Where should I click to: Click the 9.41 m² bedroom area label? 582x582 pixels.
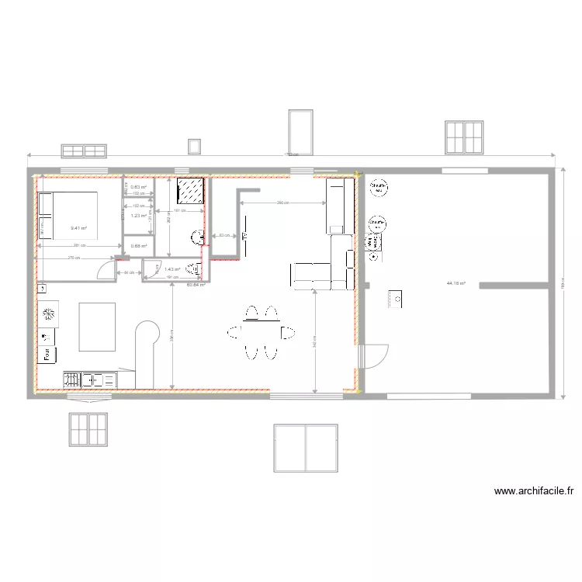click(78, 228)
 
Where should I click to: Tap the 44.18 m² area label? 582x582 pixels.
click(456, 283)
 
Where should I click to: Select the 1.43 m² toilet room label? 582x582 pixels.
click(172, 270)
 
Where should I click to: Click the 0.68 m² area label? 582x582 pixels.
click(139, 246)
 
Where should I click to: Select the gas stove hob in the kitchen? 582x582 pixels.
click(71, 380)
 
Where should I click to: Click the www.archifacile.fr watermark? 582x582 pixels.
click(534, 491)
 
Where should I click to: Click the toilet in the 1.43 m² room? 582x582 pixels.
click(198, 269)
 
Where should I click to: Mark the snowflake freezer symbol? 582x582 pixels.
click(49, 314)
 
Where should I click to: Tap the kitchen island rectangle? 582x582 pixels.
click(97, 326)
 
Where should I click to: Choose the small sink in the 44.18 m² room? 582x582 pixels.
click(395, 298)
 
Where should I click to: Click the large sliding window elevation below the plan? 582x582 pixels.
click(306, 448)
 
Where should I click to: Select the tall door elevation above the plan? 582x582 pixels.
click(300, 132)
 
